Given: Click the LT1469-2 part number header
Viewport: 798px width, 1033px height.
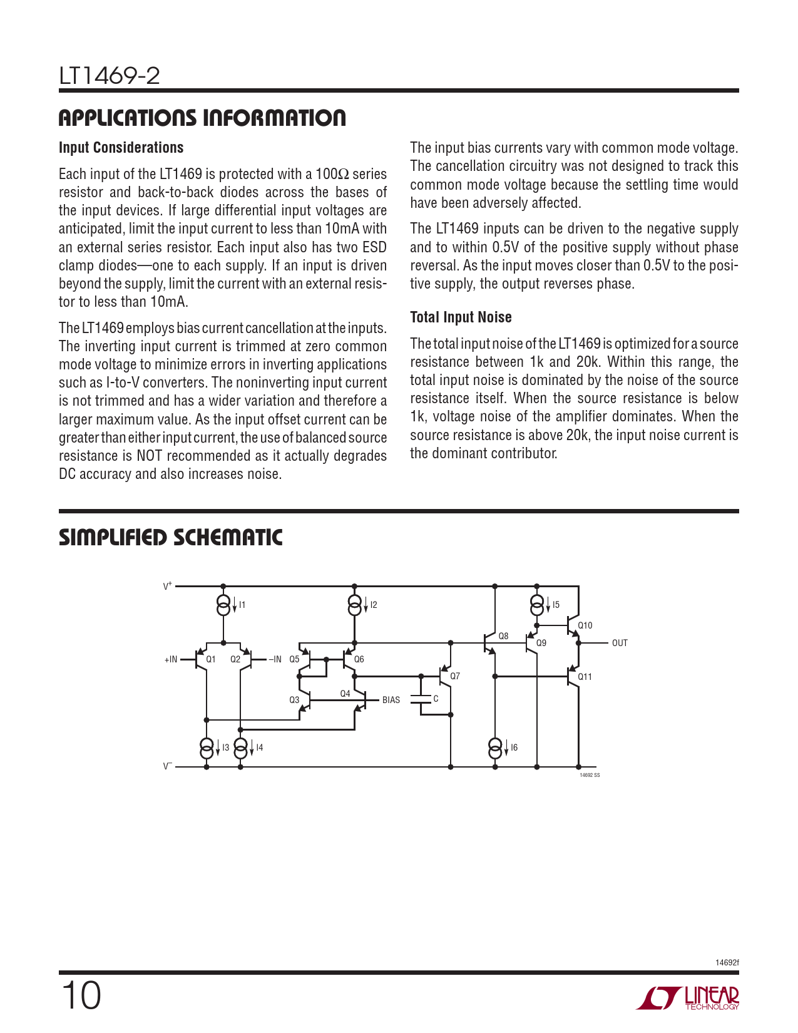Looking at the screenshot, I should pos(110,76).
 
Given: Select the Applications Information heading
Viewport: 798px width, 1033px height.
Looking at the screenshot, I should pos(202,118).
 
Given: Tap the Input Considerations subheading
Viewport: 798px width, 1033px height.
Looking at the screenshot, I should pos(121,148).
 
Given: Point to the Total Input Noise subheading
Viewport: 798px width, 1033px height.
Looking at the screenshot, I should pos(461,317).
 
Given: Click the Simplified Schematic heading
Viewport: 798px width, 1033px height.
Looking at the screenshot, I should pos(170,537).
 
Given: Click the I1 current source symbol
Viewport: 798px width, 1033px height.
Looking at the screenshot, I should pos(223,605).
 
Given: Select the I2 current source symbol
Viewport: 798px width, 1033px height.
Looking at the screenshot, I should pos(354,605).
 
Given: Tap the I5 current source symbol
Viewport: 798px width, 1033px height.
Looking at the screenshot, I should pos(536,605).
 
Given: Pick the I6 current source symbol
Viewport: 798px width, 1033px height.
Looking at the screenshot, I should pos(494,747).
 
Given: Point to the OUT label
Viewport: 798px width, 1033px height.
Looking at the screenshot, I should pos(620,643).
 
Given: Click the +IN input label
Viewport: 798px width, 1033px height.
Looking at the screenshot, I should pos(171,659).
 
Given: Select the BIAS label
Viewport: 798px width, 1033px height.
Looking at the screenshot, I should pos(391,700).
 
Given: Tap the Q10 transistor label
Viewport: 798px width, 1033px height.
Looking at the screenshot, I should pos(585,625).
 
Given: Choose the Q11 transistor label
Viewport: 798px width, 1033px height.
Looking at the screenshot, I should pos(585,677).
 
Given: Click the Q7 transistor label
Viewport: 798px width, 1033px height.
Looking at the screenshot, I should pos(455,676).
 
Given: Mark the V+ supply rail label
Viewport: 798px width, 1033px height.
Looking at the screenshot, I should pos(168,586).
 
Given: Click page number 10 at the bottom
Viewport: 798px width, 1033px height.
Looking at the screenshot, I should pos(81,995).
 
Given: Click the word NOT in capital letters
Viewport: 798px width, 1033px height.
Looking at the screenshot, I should pos(150,456).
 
